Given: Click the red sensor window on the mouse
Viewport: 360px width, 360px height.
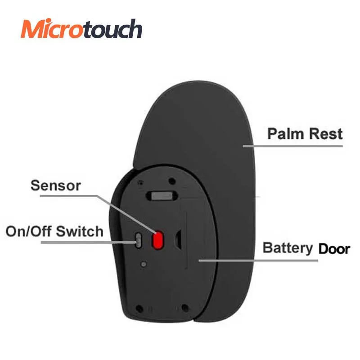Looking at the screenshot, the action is tap(157, 240).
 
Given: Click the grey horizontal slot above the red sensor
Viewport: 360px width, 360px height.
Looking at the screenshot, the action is tap(162, 196).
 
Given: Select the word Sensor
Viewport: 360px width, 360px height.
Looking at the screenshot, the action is tap(55, 185).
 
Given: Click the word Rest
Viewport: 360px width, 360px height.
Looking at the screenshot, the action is tap(324, 134).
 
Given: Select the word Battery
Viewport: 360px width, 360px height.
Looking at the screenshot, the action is tap(288, 248).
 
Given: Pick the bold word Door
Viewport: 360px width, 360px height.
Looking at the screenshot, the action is tap(334, 248).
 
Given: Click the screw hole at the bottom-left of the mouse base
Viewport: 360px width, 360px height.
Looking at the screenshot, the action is tap(139, 309).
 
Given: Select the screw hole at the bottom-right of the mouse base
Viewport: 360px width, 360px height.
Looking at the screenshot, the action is tap(184, 309).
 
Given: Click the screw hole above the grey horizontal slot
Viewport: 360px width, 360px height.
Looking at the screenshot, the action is tap(172, 181).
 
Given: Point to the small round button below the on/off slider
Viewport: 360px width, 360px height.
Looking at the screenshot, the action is tap(143, 264).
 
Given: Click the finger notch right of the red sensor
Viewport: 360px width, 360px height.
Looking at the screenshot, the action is tap(179, 240).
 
